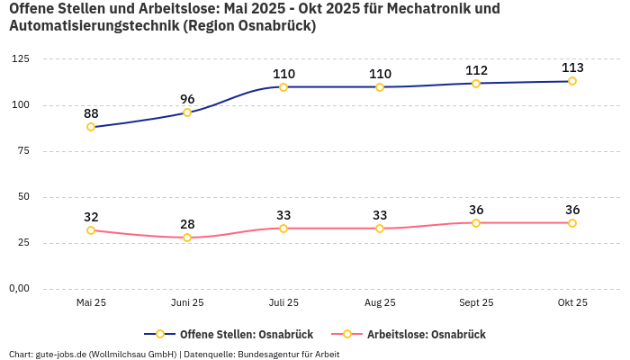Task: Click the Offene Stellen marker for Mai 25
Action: [x=91, y=127]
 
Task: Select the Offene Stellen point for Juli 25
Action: [x=283, y=87]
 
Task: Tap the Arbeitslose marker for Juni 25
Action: [x=187, y=238]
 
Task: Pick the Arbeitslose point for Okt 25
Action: [x=572, y=223]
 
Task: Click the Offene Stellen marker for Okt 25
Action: [x=572, y=81]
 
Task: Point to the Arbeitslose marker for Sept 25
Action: [x=476, y=223]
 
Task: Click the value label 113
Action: [x=572, y=67]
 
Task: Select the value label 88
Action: [x=91, y=113]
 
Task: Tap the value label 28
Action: [x=187, y=224]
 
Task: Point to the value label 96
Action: [x=187, y=99]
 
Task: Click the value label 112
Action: [x=476, y=70]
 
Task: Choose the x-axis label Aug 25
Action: [x=380, y=303]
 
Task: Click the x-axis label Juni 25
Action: [x=187, y=303]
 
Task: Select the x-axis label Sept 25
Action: [x=476, y=303]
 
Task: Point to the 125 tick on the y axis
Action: [x=20, y=59]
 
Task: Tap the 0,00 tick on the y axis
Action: [x=18, y=289]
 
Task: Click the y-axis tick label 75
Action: [x=22, y=151]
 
